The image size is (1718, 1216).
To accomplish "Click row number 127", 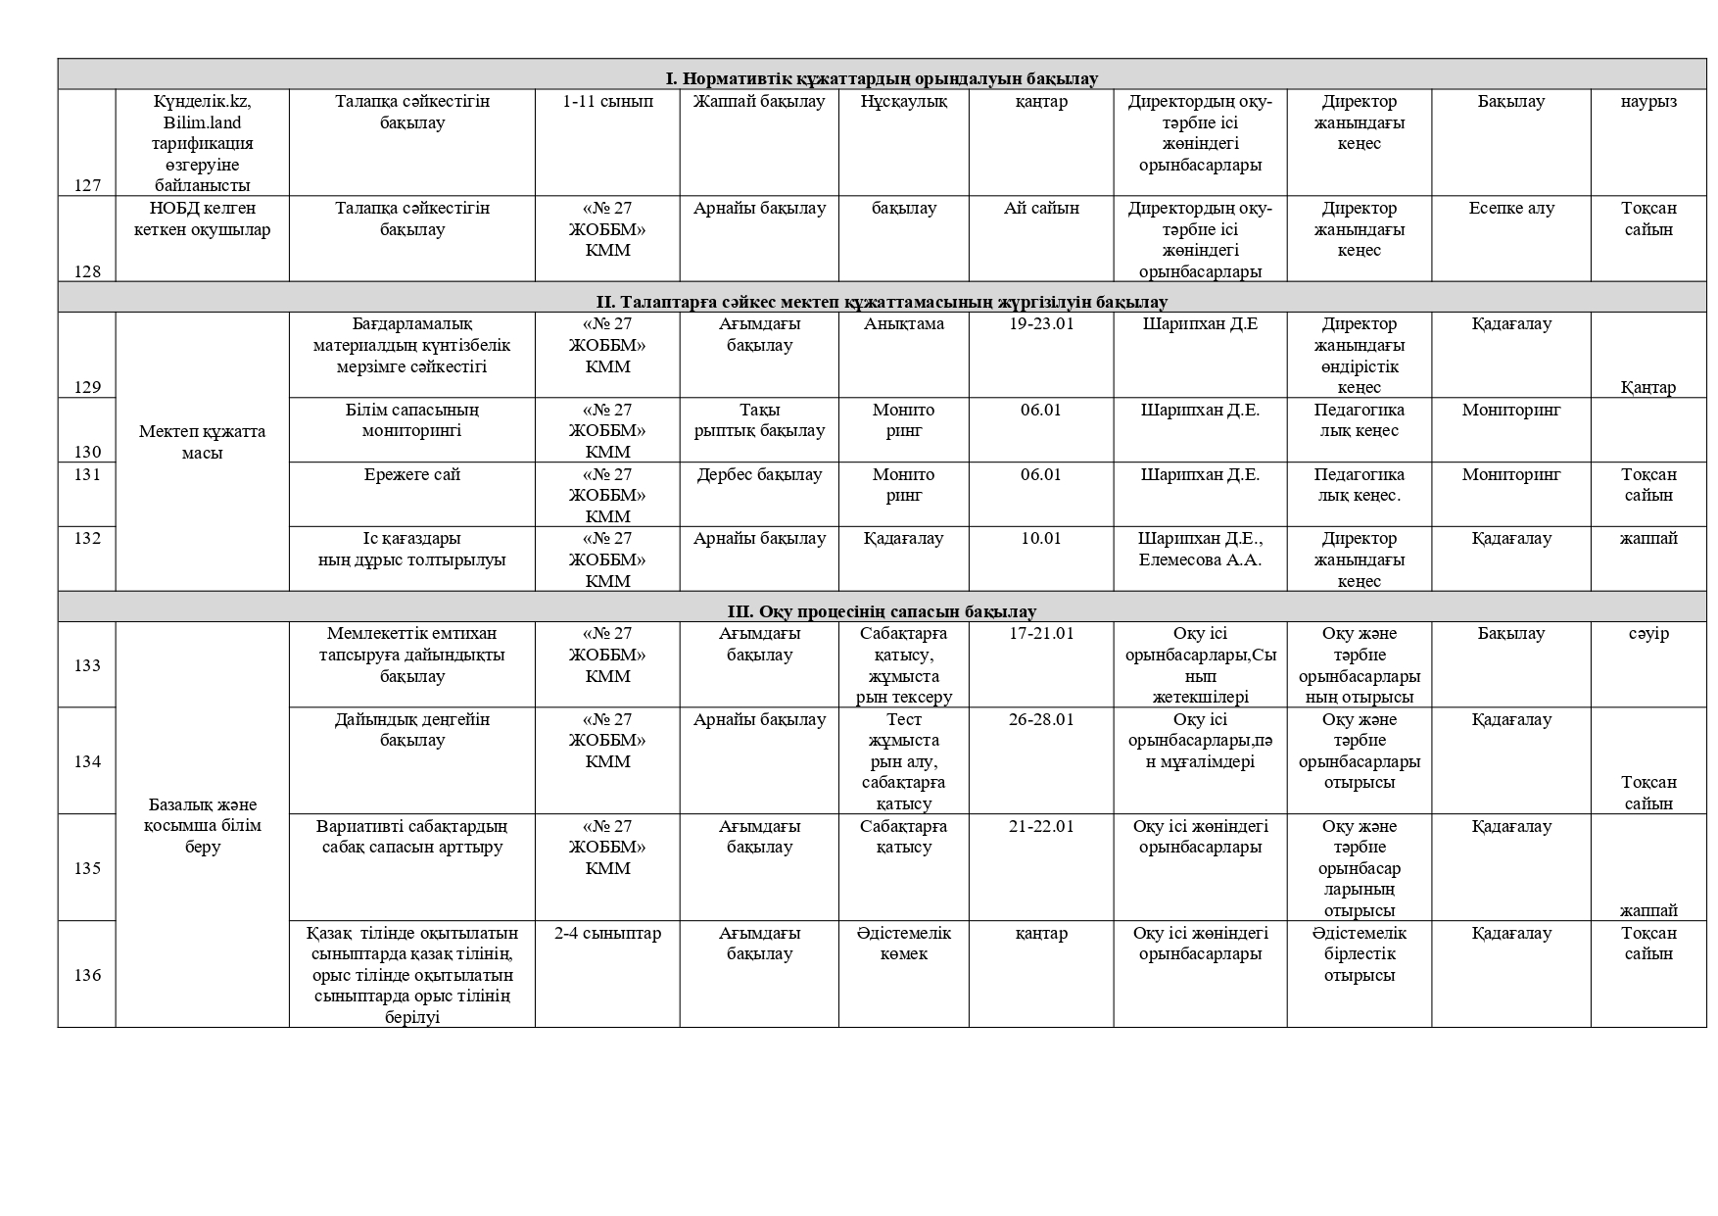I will click(x=87, y=185).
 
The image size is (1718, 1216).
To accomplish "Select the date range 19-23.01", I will click(x=1040, y=324).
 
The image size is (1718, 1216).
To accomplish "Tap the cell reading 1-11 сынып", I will click(x=607, y=102).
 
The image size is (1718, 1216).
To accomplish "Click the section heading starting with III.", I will click(x=882, y=611).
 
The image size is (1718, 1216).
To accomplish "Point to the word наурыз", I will click(x=1648, y=102).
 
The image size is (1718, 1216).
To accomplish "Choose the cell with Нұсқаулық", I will click(x=903, y=102).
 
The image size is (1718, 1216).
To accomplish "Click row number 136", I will click(x=87, y=975).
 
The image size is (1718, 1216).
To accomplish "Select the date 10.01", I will click(x=1040, y=539).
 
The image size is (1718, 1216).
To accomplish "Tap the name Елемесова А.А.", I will click(x=1200, y=560).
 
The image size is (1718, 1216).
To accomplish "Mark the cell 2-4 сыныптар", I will click(x=607, y=934).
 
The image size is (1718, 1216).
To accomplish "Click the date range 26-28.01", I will click(x=1040, y=720).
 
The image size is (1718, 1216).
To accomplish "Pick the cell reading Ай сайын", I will click(x=1040, y=209).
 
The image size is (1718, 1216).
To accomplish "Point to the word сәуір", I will click(x=1648, y=634).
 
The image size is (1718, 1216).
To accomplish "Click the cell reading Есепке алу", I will click(x=1511, y=209).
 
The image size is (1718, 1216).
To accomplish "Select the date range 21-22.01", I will click(x=1040, y=827).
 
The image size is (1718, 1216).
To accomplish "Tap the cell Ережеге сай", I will click(x=411, y=475).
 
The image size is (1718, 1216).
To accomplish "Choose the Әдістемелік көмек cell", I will click(x=903, y=944).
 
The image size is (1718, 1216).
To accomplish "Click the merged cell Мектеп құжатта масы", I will click(x=202, y=442).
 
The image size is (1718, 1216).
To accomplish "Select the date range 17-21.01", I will click(x=1040, y=634).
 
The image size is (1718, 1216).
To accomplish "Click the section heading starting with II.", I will click(x=882, y=302).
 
